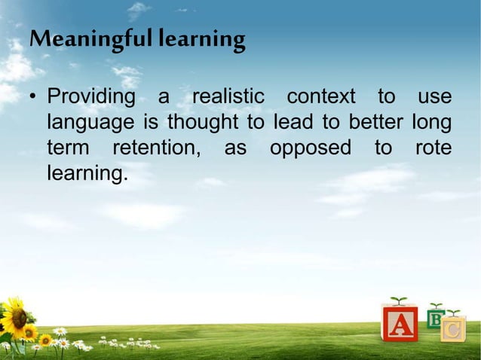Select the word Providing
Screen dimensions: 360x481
[91, 98]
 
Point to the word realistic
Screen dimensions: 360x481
[228, 98]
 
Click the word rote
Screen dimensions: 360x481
[434, 148]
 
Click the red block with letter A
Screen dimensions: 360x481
[400, 324]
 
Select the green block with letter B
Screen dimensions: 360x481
[435, 318]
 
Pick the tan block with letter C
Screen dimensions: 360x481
[452, 329]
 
